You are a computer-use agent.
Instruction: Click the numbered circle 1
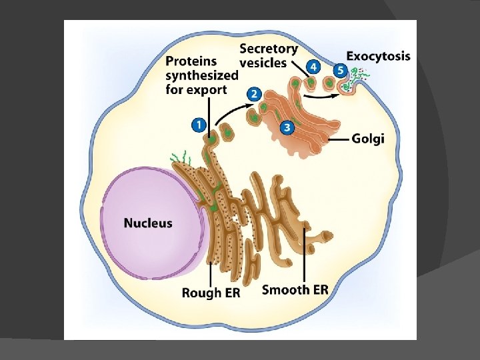pyautogui.click(x=198, y=124)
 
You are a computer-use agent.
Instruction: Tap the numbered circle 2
pyautogui.click(x=253, y=94)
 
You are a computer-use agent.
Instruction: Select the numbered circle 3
pyautogui.click(x=287, y=127)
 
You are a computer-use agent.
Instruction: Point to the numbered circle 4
pyautogui.click(x=313, y=67)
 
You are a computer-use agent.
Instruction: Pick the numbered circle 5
pyautogui.click(x=339, y=69)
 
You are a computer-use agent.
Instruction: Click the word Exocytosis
pyautogui.click(x=378, y=57)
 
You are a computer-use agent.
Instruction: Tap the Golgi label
pyautogui.click(x=368, y=139)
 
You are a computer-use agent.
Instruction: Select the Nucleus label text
pyautogui.click(x=148, y=223)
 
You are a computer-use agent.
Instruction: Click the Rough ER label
pyautogui.click(x=211, y=292)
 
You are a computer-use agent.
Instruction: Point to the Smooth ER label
pyautogui.click(x=295, y=289)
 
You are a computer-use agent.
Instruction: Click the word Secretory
pyautogui.click(x=269, y=49)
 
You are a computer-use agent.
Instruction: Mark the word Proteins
pyautogui.click(x=191, y=61)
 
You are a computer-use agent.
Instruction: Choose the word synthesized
pyautogui.click(x=201, y=75)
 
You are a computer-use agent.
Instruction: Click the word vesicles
pyautogui.click(x=263, y=63)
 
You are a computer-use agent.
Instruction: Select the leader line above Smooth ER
pyautogui.click(x=304, y=253)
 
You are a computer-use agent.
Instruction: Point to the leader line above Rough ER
pyautogui.click(x=211, y=270)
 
